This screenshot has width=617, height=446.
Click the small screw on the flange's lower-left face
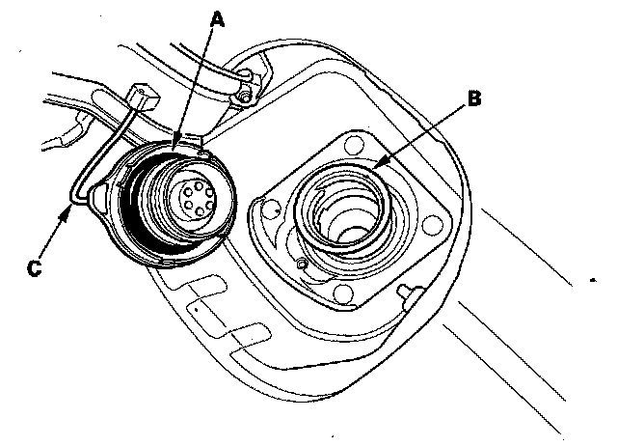[302, 264]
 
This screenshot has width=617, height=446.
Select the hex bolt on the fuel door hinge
[248, 95]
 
